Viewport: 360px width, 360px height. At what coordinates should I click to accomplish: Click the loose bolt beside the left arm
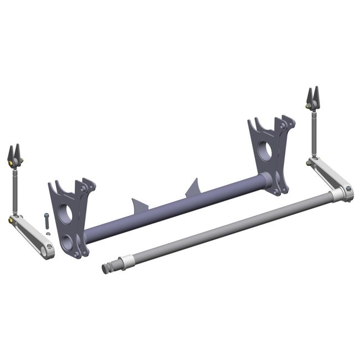pyautogui.click(x=46, y=220)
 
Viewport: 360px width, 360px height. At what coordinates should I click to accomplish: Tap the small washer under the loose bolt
pyautogui.click(x=48, y=234)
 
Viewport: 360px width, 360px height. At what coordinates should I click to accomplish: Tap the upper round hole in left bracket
pyautogui.click(x=65, y=213)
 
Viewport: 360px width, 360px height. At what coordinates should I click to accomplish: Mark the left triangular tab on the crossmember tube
pyautogui.click(x=140, y=205)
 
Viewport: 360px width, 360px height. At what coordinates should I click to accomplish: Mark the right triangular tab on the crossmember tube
pyautogui.click(x=193, y=188)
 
